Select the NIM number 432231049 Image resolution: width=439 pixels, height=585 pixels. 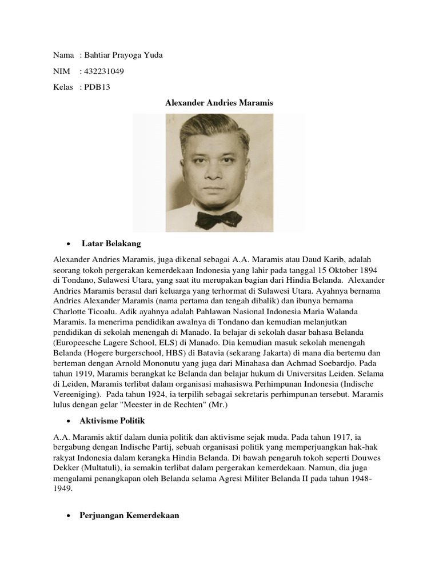click(x=104, y=71)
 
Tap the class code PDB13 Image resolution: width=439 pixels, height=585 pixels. click(x=99, y=87)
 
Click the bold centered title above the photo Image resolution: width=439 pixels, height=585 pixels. click(x=219, y=103)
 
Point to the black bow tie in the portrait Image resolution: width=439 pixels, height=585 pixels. click(x=219, y=218)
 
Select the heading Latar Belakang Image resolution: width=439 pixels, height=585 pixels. click(x=111, y=243)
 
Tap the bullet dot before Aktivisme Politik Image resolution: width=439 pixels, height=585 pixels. click(x=68, y=421)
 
